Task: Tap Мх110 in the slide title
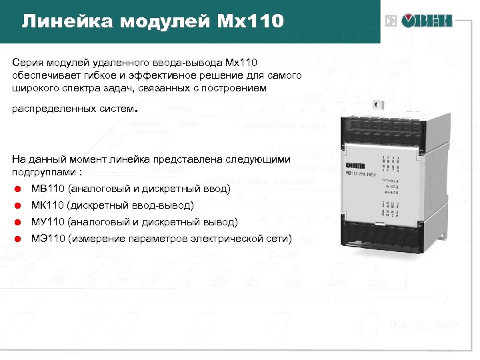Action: pyautogui.click(x=251, y=22)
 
